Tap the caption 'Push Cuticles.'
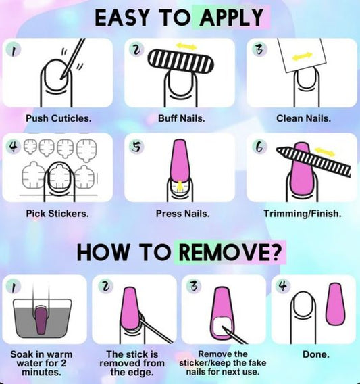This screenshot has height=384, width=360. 59,118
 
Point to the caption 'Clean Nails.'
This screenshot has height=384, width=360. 303,118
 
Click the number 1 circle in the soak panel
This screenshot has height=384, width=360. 12,285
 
